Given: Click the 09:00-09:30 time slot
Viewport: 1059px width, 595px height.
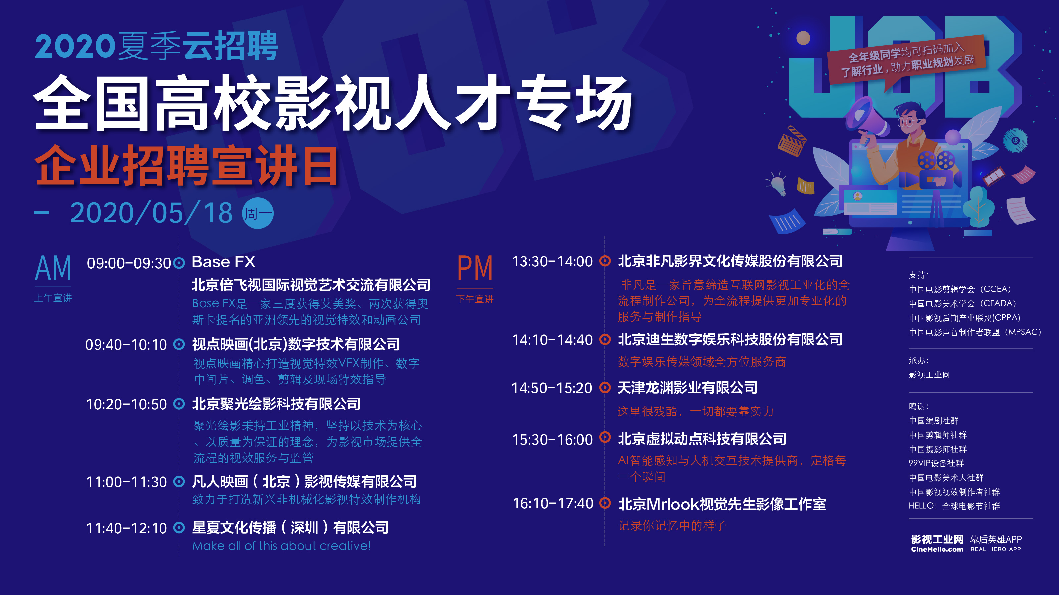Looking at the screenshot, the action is click(129, 263).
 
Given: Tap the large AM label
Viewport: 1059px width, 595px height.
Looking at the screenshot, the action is click(53, 268).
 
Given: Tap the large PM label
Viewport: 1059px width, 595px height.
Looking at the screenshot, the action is click(475, 268).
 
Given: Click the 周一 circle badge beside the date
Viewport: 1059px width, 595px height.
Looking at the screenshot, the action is click(258, 213).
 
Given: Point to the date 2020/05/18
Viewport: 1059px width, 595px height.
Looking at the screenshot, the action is click(151, 213).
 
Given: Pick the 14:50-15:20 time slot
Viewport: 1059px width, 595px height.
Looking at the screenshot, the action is click(552, 388).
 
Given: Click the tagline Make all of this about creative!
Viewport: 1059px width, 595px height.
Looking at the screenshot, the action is click(281, 546).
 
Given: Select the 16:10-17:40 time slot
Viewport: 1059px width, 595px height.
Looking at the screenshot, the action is click(553, 503).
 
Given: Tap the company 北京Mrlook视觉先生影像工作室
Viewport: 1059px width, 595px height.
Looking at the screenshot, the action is click(722, 504).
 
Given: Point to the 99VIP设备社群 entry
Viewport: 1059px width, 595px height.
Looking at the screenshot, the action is click(936, 463).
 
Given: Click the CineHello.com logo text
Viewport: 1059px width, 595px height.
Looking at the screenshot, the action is click(937, 549).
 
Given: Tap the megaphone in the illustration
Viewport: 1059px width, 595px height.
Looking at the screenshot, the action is click(865, 119).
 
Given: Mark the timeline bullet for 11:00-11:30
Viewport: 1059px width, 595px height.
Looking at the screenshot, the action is click(179, 481).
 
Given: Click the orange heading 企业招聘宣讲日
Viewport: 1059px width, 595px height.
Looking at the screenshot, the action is click(186, 166).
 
